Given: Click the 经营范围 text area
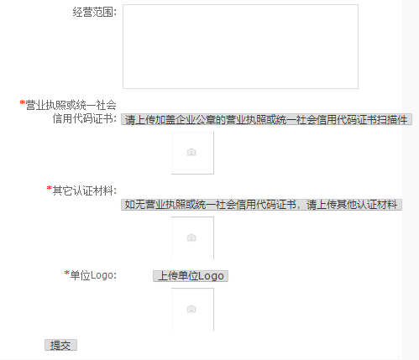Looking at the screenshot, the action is [x=240, y=46].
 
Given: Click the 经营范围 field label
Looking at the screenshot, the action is [x=95, y=13].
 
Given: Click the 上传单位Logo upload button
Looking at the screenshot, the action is [x=191, y=276].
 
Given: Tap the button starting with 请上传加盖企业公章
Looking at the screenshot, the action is [x=266, y=119].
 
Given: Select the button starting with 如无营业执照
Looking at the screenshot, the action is [x=261, y=205].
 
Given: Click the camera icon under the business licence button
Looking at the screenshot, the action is [x=191, y=152].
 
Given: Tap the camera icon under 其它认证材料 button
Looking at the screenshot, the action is [x=191, y=237].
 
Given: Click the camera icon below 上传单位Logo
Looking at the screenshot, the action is [x=191, y=309].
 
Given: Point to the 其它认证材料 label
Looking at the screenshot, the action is [x=85, y=190].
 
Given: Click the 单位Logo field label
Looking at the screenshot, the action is [x=93, y=275].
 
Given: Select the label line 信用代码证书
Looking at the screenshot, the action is [x=85, y=118].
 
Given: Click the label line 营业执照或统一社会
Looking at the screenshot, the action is [x=71, y=105].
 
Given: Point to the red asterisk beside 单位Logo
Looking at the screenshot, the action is [x=66, y=273].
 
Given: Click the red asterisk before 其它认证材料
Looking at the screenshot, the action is [x=50, y=188].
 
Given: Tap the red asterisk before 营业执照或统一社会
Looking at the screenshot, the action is [x=23, y=102].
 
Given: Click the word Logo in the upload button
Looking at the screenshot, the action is [x=211, y=276].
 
